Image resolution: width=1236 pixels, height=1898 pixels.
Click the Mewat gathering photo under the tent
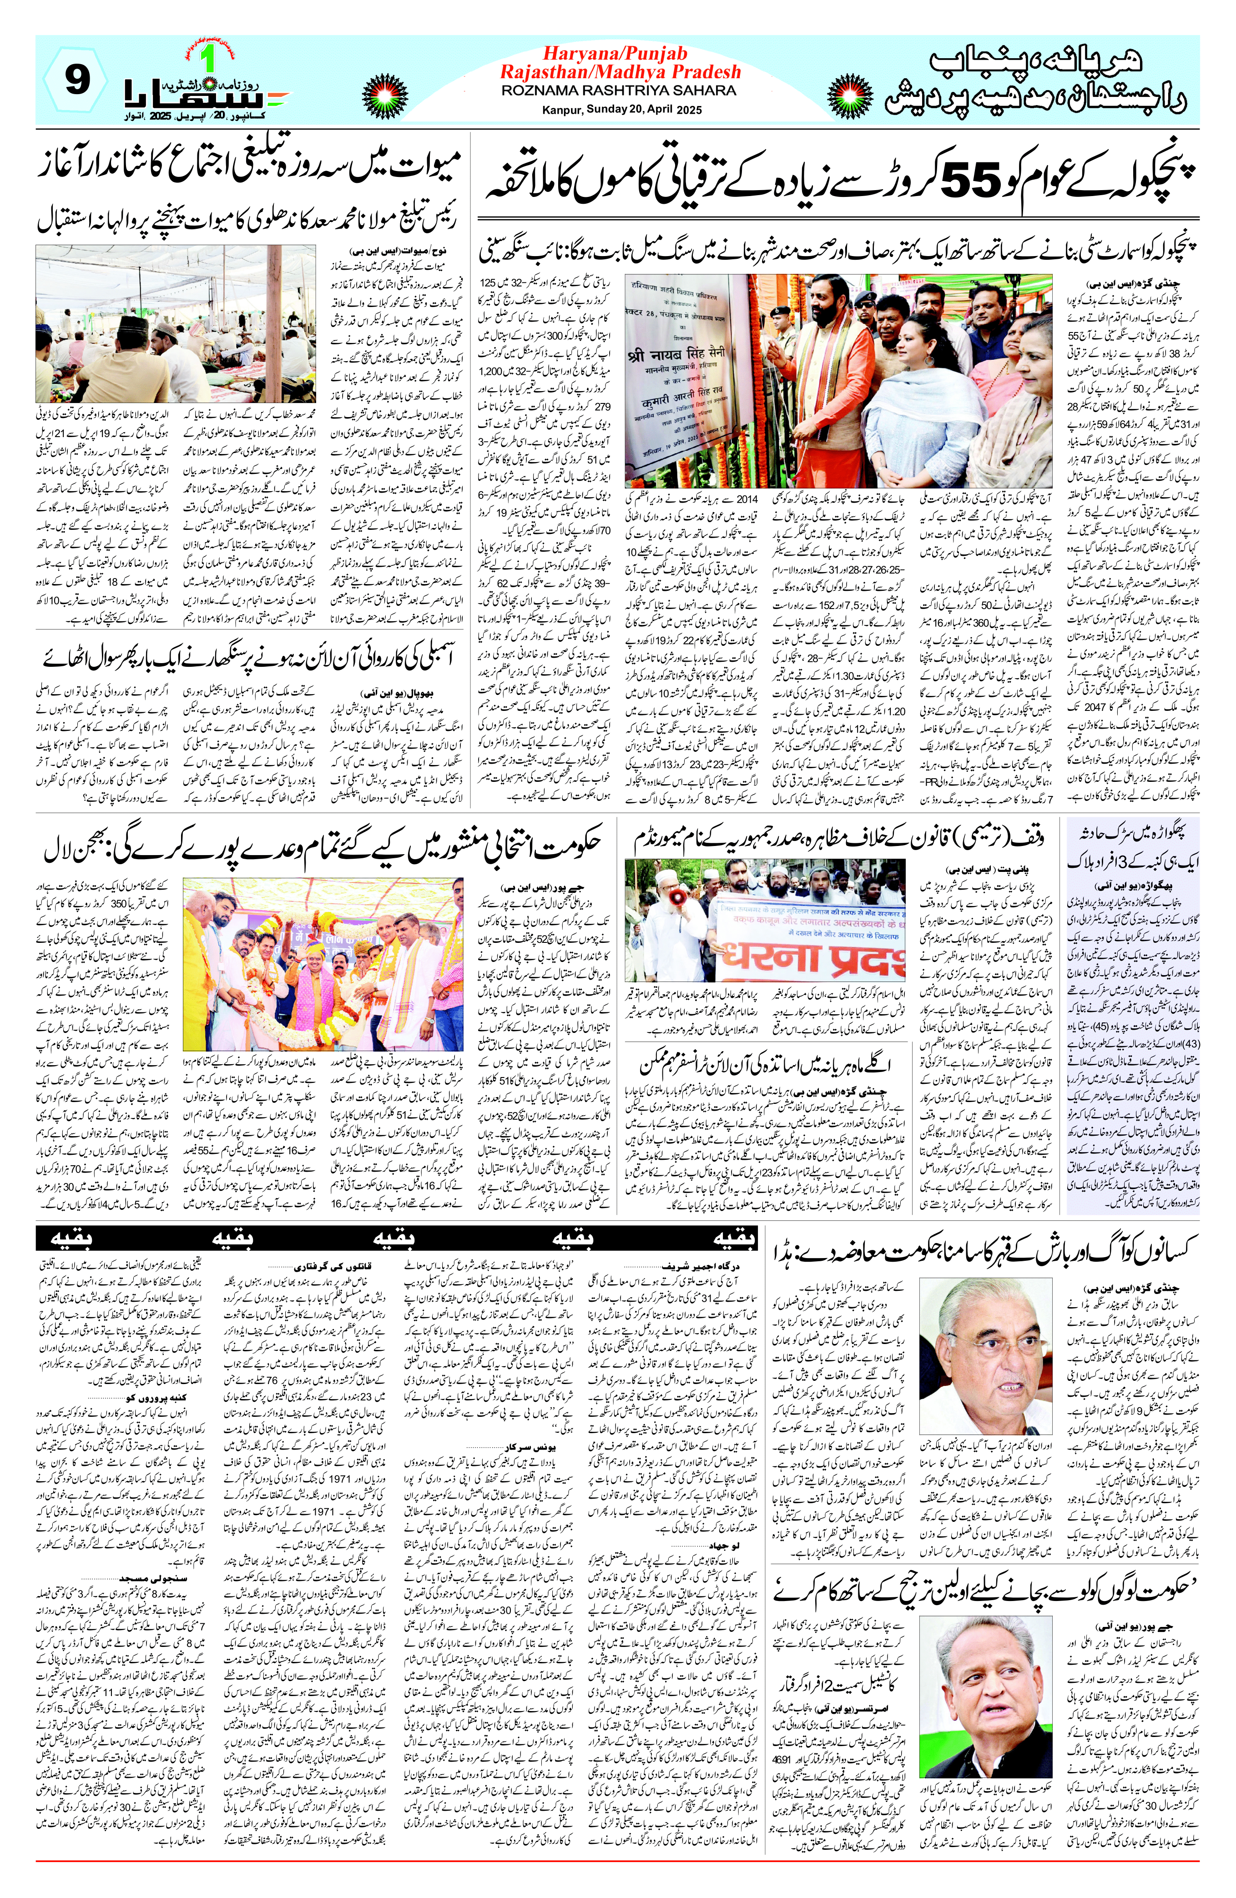pyautogui.click(x=176, y=325)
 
